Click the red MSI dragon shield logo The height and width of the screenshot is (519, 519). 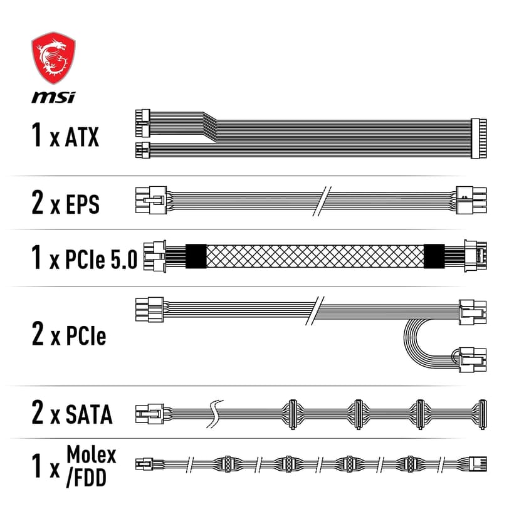(53, 61)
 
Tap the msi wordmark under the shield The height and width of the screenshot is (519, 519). (53, 97)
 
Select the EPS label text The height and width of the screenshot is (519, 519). (82, 204)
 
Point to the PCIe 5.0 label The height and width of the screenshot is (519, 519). (101, 259)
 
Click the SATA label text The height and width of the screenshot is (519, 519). (89, 414)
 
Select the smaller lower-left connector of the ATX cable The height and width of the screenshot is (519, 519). (142, 150)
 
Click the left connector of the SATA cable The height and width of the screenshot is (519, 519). (148, 414)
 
